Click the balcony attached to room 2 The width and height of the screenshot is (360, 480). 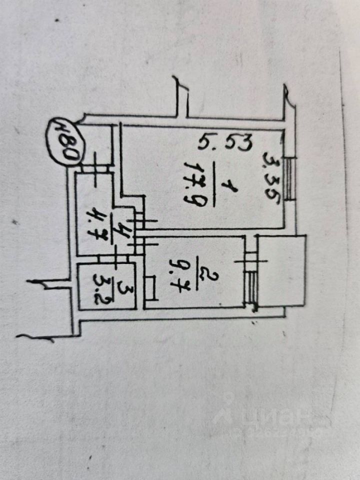coord(281,271)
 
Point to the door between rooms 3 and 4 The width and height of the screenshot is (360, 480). coord(107,258)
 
